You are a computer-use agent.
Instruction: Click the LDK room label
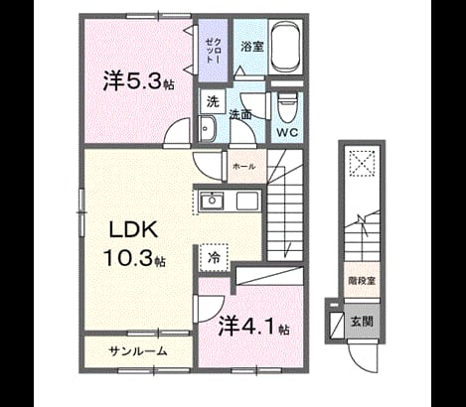(x=133, y=229)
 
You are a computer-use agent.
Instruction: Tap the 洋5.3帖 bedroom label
(x=138, y=80)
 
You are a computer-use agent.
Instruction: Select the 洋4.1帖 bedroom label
(x=253, y=326)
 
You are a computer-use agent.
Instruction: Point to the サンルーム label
(x=138, y=351)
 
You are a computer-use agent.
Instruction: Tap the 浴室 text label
(x=252, y=47)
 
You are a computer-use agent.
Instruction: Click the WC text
(x=287, y=133)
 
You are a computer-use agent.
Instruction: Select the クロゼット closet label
(x=213, y=51)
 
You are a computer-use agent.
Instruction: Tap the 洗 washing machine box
(x=213, y=101)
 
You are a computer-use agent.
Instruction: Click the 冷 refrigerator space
(x=214, y=258)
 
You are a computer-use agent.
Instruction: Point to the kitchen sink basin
(x=212, y=201)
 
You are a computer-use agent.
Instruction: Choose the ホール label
(x=244, y=166)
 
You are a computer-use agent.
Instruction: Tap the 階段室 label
(x=362, y=281)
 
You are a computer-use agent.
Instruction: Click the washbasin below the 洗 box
(x=208, y=129)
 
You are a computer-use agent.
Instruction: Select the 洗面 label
(x=240, y=115)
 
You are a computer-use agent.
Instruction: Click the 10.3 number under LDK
(x=128, y=258)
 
